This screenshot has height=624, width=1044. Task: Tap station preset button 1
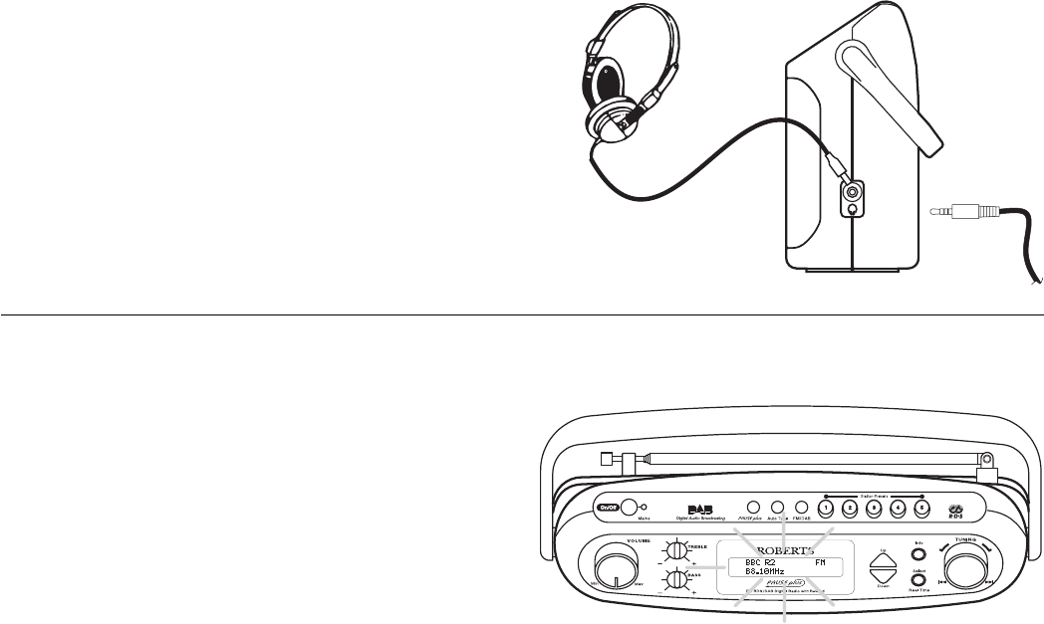826,507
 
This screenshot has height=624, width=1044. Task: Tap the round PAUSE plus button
754,507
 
